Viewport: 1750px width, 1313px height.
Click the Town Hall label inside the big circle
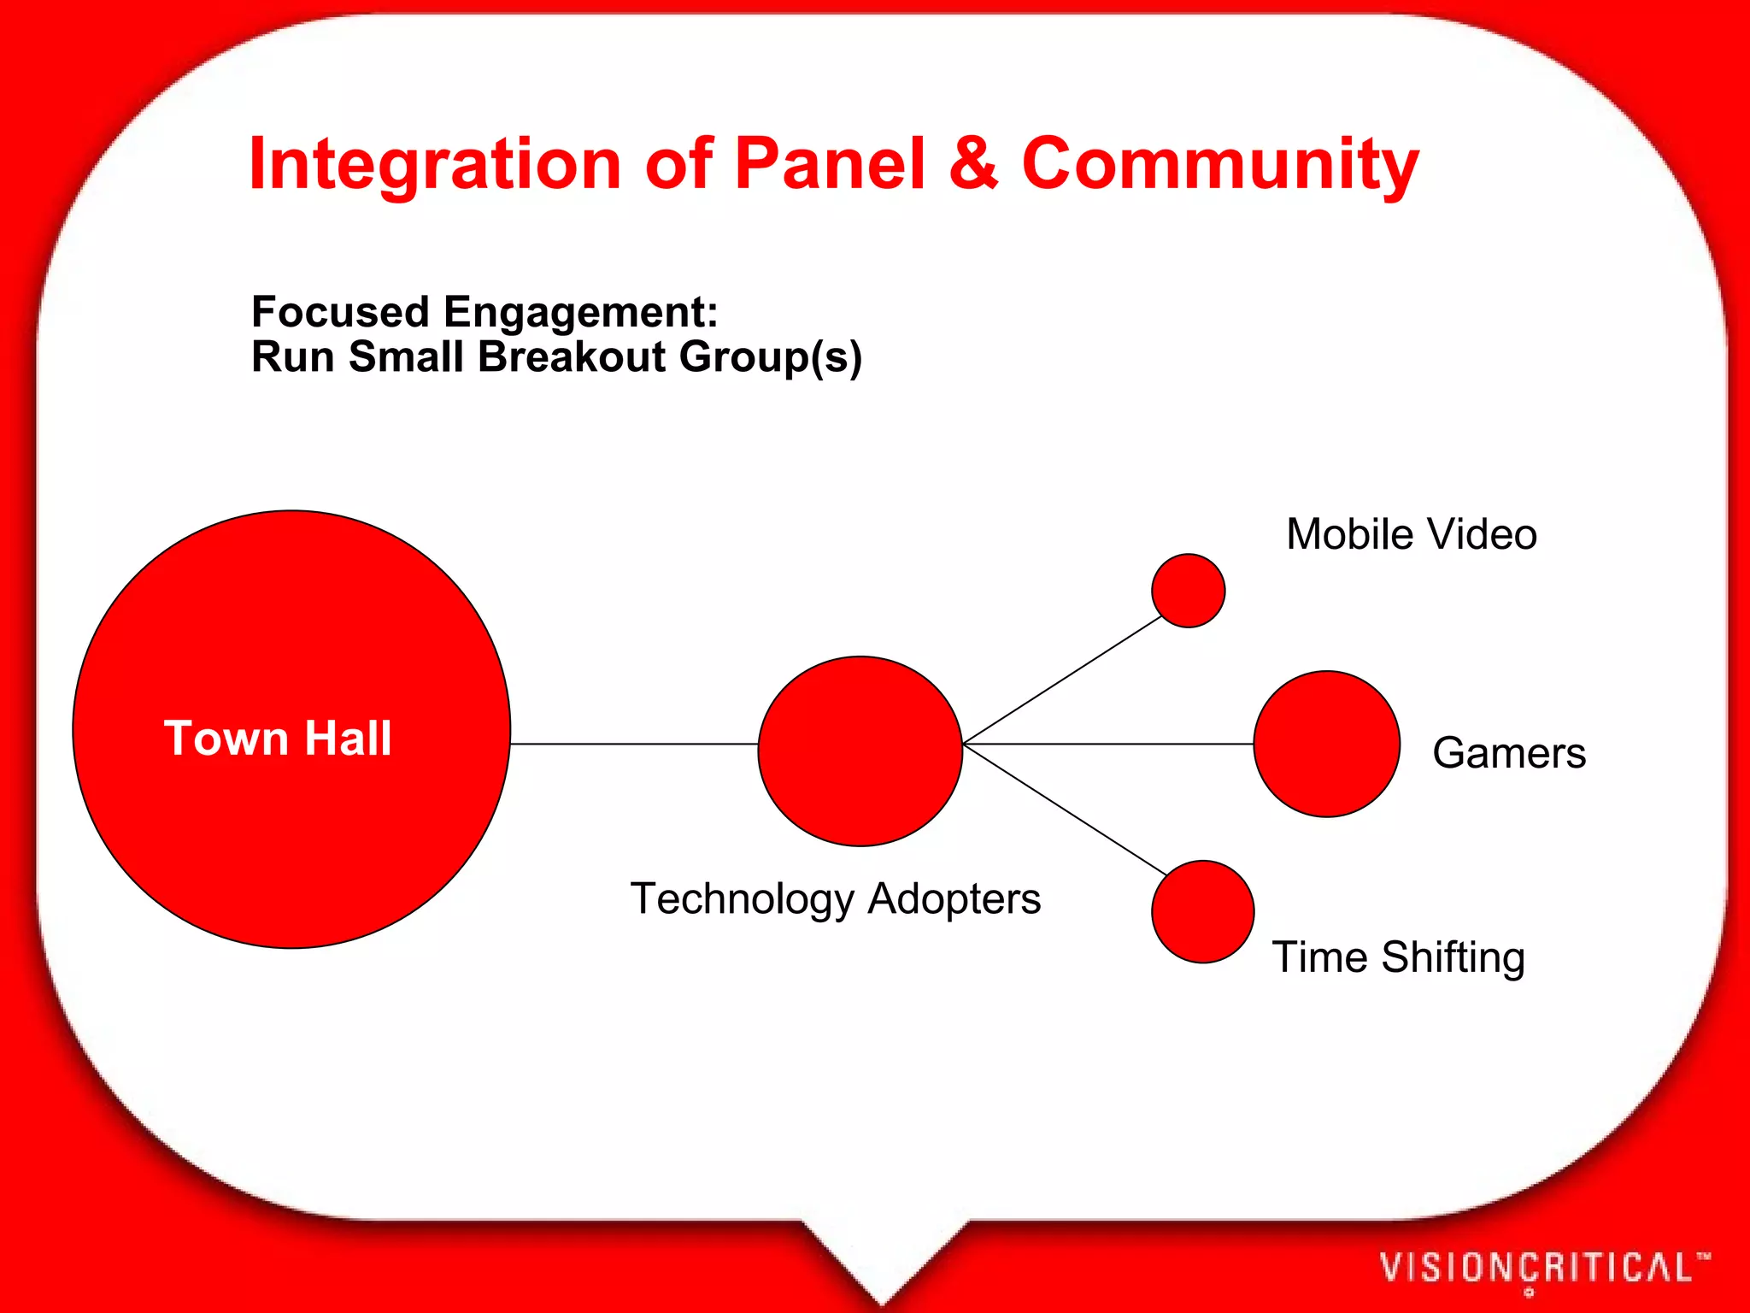pyautogui.click(x=278, y=738)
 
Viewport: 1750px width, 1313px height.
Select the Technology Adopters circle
pyautogui.click(x=860, y=751)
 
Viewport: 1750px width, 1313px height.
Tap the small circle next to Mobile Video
pyautogui.click(x=1188, y=591)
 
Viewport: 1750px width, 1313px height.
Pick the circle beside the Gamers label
pyautogui.click(x=1326, y=744)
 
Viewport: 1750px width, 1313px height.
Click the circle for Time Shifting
pyautogui.click(x=1202, y=911)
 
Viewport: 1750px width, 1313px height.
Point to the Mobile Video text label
pyautogui.click(x=1412, y=535)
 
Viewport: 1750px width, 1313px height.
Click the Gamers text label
pyautogui.click(x=1509, y=753)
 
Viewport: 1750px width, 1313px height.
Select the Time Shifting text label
pyautogui.click(x=1399, y=957)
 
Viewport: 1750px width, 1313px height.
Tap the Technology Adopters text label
pyautogui.click(x=836, y=898)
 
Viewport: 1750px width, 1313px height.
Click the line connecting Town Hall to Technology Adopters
pyautogui.click(x=634, y=745)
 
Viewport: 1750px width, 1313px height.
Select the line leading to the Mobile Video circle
pyautogui.click(x=1062, y=680)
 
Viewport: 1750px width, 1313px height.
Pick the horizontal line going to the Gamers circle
pyautogui.click(x=1108, y=745)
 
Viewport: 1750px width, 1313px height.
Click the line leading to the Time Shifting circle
pyautogui.click(x=1065, y=810)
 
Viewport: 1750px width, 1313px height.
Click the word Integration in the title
pyautogui.click(x=434, y=164)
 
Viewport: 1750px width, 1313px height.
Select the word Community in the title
pyautogui.click(x=1219, y=164)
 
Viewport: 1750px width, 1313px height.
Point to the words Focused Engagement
pyautogui.click(x=484, y=312)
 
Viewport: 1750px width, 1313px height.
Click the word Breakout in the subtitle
pyautogui.click(x=572, y=356)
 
